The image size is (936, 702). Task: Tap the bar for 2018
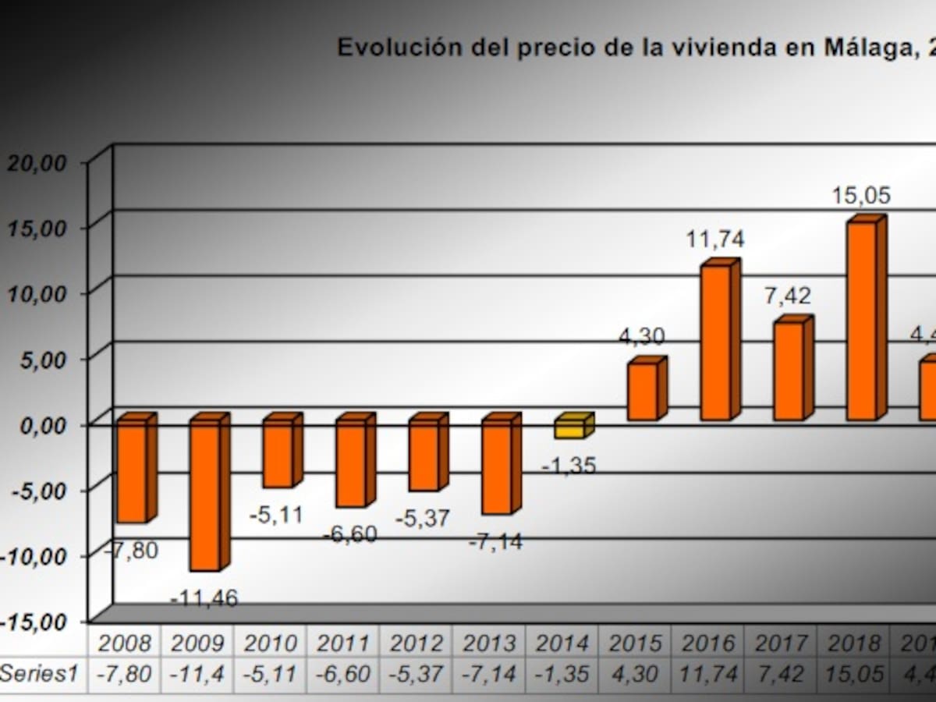click(x=862, y=320)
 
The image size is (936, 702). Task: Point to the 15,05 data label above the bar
click(x=860, y=196)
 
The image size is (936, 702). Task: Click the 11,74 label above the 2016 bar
click(x=715, y=239)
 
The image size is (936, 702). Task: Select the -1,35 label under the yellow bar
click(x=569, y=466)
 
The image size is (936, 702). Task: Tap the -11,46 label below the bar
click(x=204, y=599)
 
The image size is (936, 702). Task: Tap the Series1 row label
click(x=39, y=673)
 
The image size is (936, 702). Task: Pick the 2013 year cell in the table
click(x=490, y=643)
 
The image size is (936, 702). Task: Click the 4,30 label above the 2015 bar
click(x=643, y=337)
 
